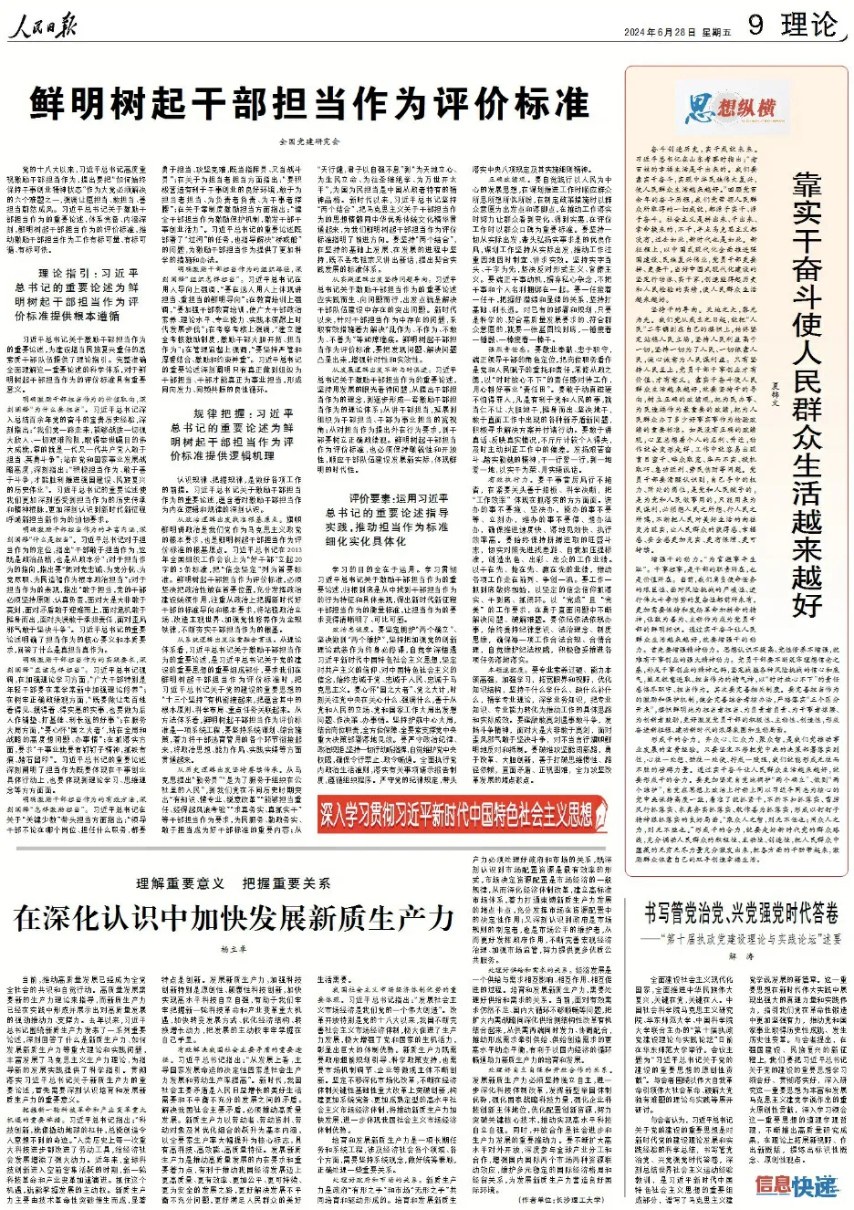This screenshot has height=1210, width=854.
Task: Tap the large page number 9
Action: click(x=755, y=25)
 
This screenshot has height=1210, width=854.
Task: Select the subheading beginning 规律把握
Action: click(x=234, y=434)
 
